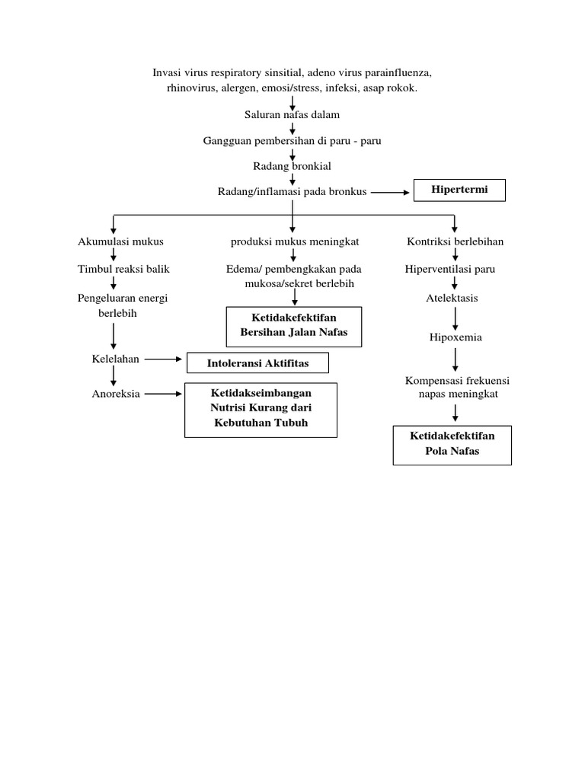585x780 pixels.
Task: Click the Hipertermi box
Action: coord(459,190)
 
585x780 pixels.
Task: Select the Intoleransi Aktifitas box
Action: coord(257,363)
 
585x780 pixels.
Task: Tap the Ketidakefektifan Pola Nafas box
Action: coord(452,444)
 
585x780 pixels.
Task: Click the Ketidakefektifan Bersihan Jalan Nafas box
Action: coord(293,325)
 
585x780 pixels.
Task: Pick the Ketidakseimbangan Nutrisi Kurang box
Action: coord(261,410)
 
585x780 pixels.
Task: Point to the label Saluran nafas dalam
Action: coord(292,115)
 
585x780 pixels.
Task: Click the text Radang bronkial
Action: coord(292,165)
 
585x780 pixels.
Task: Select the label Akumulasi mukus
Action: coord(120,241)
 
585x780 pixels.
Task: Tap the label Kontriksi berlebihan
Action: coord(455,241)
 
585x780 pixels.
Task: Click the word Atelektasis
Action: coord(452,298)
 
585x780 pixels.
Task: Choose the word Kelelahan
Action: coord(115,359)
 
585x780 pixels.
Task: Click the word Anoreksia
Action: coord(116,394)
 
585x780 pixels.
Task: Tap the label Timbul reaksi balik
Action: coord(123,270)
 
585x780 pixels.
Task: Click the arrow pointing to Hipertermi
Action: coord(390,193)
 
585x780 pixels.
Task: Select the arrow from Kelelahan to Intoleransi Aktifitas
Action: coord(161,359)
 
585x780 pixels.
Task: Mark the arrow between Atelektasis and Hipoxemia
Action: coord(455,318)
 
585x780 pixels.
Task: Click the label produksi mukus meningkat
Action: coord(295,241)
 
